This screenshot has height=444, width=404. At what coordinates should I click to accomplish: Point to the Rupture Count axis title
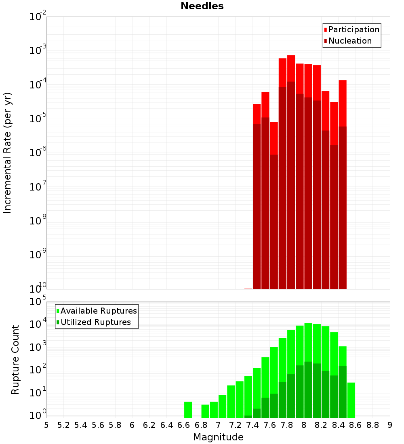pos(15,360)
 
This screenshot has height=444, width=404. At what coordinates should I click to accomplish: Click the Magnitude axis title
pos(218,437)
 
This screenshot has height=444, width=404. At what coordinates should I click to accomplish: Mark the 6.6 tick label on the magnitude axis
pos(184,425)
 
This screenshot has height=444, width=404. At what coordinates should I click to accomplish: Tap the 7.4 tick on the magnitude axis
pos(253,425)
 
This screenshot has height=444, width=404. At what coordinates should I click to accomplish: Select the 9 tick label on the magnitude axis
pos(390,425)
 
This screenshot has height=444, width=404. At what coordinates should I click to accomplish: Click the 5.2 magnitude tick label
pos(63,425)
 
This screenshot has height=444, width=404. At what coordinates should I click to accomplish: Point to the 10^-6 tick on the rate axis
pos(38,152)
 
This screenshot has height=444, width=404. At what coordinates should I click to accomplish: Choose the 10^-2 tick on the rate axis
pos(38,17)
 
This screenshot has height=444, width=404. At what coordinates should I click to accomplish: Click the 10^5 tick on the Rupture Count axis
pos(38,302)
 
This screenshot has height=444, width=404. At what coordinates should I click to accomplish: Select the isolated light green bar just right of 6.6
pos(188,410)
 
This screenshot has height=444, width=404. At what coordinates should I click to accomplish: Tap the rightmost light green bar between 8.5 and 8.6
pos(351,400)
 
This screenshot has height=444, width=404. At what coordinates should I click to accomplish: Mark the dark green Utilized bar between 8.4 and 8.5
pos(343,392)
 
